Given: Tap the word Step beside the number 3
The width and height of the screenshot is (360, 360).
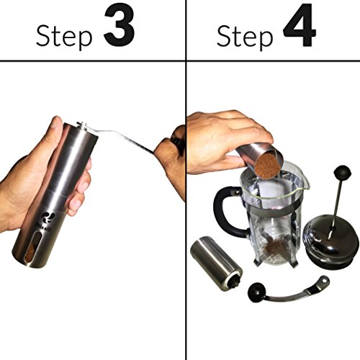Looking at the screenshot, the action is coord(64,37).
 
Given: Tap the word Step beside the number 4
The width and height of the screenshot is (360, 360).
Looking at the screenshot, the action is coord(245,37).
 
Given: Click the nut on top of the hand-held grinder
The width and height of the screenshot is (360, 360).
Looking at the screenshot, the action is coord(81,125).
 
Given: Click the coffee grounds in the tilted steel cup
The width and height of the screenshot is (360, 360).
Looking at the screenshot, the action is coord(267,165).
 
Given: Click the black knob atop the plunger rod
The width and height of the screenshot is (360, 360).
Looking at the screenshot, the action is coord(343,172).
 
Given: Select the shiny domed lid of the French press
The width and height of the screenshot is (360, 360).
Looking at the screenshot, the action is coord(329,245).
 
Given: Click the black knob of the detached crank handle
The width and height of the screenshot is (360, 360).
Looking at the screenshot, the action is coord(256,291).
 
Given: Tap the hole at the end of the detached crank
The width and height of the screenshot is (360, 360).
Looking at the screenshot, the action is coord(325,280).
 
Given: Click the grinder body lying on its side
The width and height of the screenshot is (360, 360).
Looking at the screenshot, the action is coord(216,264).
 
